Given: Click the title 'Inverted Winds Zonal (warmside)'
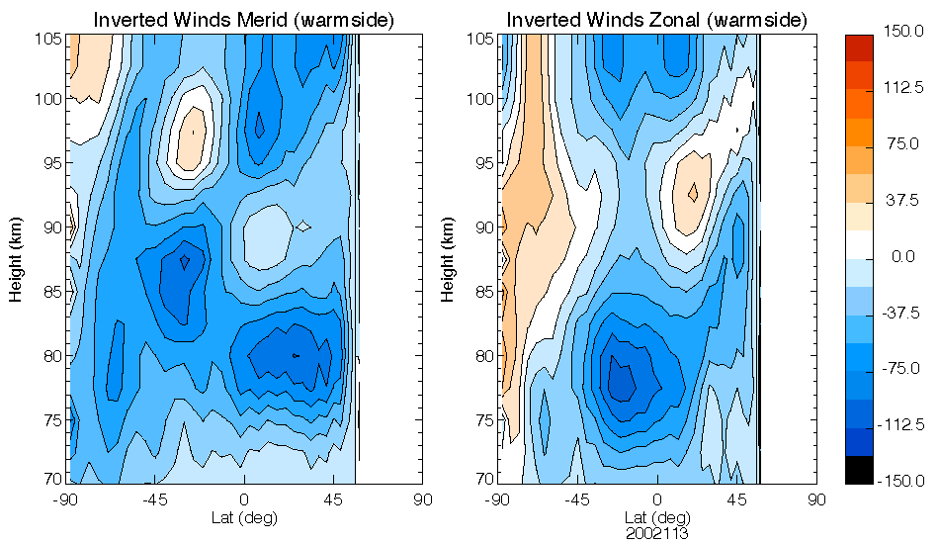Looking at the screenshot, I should (656, 20).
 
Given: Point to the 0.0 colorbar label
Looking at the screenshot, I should (902, 257).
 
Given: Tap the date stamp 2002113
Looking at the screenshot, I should (656, 532).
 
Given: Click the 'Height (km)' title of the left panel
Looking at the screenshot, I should (17, 260).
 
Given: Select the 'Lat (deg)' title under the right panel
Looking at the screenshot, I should (656, 516).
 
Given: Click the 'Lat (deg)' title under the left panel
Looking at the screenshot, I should (244, 516).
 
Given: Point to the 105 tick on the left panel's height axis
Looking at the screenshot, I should (50, 39).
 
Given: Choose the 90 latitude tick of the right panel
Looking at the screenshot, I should (816, 499).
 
